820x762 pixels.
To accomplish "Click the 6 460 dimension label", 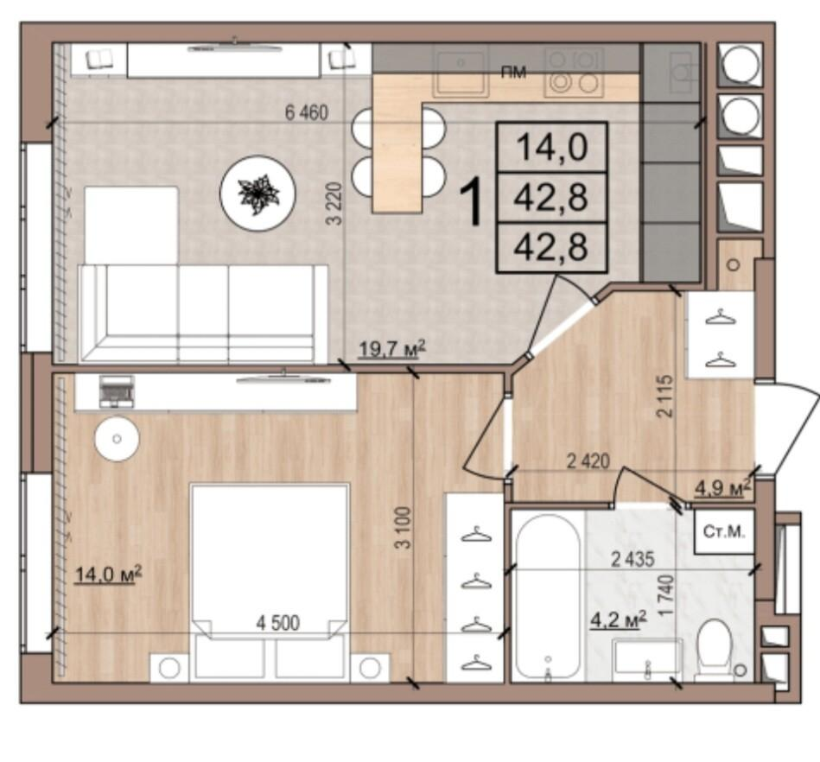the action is pos(307,112).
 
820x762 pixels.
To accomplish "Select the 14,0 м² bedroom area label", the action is pos(108,574).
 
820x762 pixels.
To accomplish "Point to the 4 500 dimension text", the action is pos(277,623).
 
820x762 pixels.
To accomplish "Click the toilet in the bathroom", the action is pos(715,650).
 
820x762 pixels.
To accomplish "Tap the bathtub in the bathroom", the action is pos(548,597).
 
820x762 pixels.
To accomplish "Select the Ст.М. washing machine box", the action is pos(724,532).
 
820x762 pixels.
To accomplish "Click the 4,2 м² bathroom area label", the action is pos(618,620).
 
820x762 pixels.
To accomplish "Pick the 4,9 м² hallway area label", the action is pos(722,488).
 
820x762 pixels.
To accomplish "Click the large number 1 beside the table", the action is pos(471,202).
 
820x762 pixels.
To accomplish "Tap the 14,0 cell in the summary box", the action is pos(552,148).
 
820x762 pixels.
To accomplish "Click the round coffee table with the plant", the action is pos(258,193).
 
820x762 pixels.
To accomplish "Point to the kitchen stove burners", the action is pos(575,73).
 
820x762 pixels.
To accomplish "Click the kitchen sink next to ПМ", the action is pos(461,73).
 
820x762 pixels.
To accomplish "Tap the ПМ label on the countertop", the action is pos(513,73).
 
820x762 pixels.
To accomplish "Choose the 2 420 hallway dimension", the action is pos(588,461).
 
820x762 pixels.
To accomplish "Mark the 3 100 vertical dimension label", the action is pos(404,528).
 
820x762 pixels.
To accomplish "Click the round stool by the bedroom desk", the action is pos(117,438).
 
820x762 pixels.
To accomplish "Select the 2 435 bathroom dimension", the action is pos(632,560).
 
